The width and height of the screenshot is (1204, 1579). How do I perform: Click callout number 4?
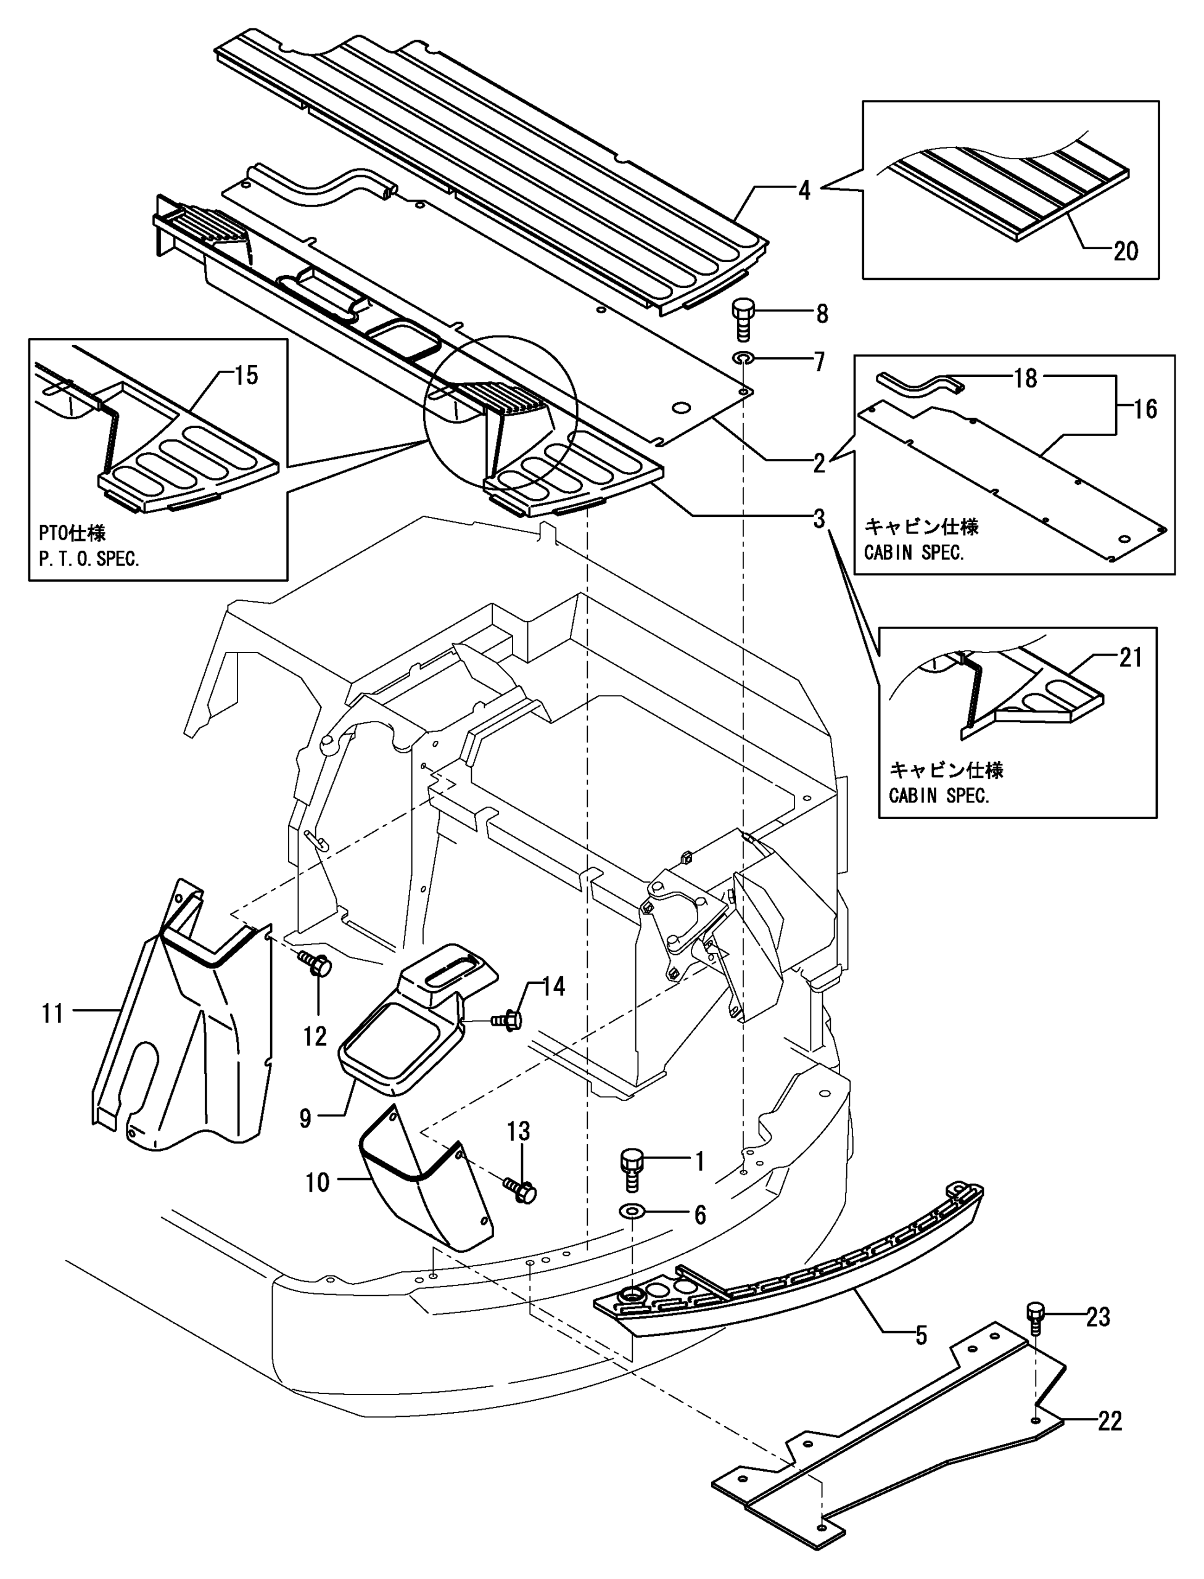tap(804, 191)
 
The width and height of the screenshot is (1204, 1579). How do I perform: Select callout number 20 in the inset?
tap(1125, 251)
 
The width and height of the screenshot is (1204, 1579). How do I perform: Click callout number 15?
tap(246, 375)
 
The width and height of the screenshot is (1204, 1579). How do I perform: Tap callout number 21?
tap(1130, 658)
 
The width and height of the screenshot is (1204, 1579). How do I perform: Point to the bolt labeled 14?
tap(508, 1018)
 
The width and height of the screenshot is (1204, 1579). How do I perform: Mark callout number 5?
tap(921, 1335)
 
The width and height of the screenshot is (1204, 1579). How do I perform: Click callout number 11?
tap(52, 1013)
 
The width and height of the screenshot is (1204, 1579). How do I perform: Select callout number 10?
tap(318, 1182)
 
